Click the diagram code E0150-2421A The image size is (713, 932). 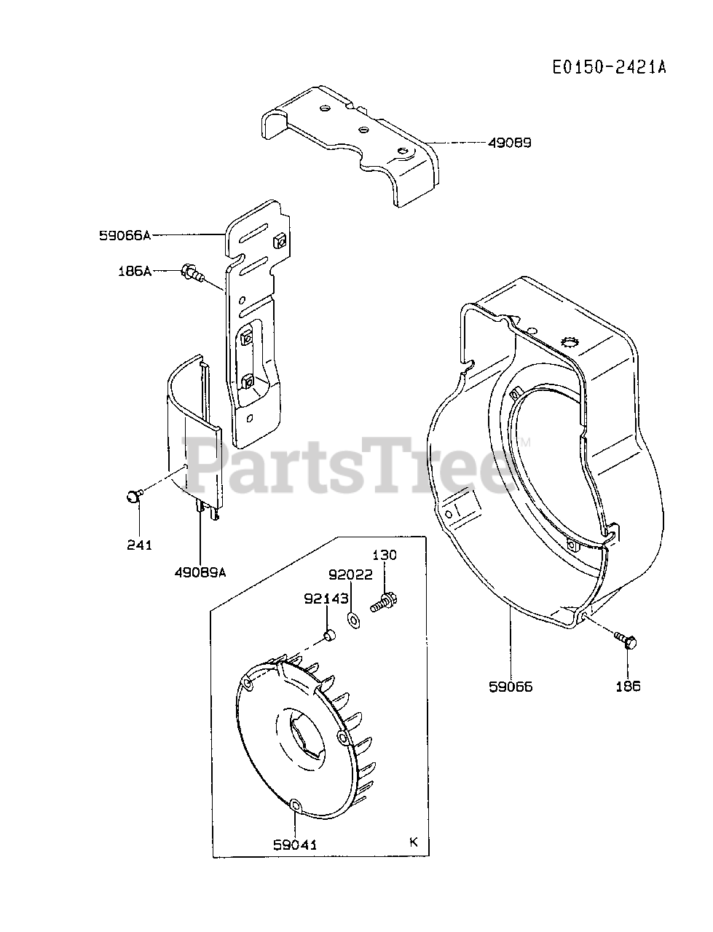click(x=608, y=67)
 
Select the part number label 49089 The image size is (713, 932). click(x=509, y=143)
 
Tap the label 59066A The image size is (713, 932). click(x=125, y=235)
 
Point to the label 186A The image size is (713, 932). click(x=134, y=271)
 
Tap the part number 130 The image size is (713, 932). click(x=385, y=556)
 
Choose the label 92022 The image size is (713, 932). click(x=351, y=574)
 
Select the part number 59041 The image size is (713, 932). click(x=296, y=845)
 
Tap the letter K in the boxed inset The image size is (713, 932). click(x=414, y=842)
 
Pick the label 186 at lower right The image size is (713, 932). click(x=627, y=687)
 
